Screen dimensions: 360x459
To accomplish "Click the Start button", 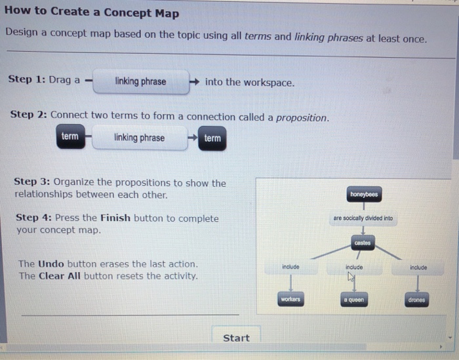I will coord(236,338).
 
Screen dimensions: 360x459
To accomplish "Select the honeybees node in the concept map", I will coord(364,195).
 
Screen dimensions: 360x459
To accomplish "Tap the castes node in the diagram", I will coord(363,243).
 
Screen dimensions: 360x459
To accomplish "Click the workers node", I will coord(290,300).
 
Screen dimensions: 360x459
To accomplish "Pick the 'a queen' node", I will coord(353,300).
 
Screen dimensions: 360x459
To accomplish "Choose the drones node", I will coord(416,300).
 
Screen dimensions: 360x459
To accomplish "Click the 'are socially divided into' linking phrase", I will coord(363,218).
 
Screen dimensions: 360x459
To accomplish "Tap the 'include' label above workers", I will coord(290,267).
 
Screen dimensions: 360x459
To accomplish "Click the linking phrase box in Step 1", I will coord(140,82).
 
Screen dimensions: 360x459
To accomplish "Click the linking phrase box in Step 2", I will coord(139,138).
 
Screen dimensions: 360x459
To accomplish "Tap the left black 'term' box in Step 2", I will coord(70,137).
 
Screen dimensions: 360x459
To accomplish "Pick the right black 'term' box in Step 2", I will coord(212,138).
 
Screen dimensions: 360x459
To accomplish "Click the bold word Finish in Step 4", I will coord(115,218).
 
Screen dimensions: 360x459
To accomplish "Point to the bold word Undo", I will coord(51,264).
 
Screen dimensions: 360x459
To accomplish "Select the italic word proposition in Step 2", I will coord(301,117).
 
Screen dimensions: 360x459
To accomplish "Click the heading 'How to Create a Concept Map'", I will coord(91,13).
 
